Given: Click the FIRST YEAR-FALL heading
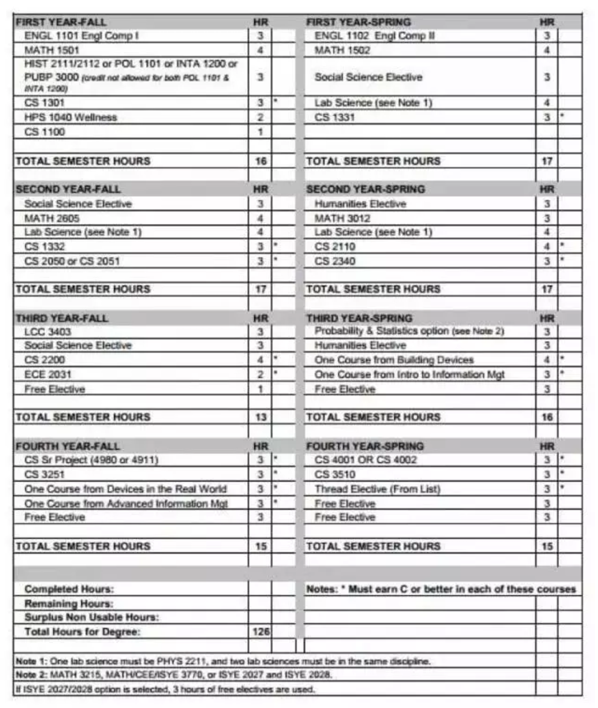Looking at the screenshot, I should click(x=61, y=22).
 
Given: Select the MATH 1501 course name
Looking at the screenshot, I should click(x=52, y=50).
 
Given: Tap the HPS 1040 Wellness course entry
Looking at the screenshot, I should click(x=70, y=117).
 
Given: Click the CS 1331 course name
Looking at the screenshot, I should click(x=334, y=117).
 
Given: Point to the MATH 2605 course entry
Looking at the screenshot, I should click(x=52, y=218).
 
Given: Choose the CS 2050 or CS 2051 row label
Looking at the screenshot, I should click(x=72, y=261).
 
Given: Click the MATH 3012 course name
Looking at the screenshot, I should click(x=342, y=218).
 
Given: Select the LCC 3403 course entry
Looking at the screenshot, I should click(x=48, y=332).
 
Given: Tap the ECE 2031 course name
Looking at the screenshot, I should click(x=48, y=374).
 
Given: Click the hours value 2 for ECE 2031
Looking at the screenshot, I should click(x=260, y=374).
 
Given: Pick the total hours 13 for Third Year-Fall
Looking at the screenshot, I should click(x=260, y=417).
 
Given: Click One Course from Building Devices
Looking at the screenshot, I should click(x=394, y=360).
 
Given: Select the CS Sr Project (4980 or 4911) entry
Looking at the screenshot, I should click(x=91, y=460).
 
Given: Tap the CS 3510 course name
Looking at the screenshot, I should click(x=334, y=474).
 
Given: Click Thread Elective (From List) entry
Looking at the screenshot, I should click(x=377, y=489).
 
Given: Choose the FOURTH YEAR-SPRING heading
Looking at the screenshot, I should click(x=365, y=446).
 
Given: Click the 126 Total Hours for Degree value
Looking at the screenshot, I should click(x=261, y=631).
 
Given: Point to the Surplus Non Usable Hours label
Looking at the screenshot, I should click(x=91, y=617).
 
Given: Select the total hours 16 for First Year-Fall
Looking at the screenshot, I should click(x=260, y=161).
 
